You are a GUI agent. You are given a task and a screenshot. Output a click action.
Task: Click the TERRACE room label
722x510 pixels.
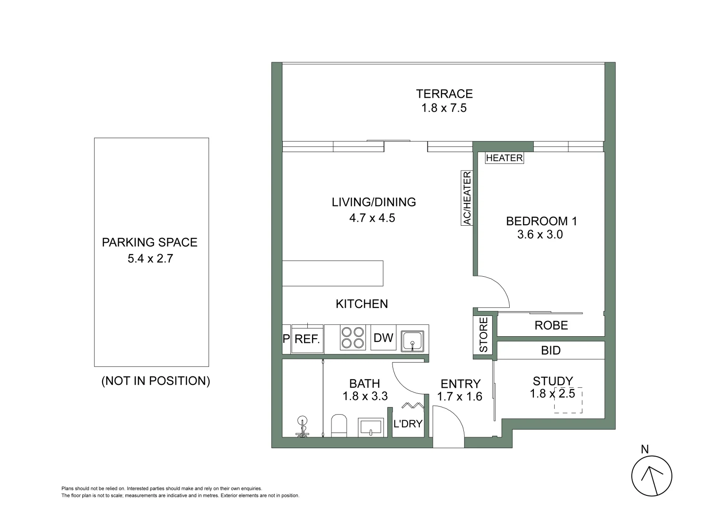[444, 93]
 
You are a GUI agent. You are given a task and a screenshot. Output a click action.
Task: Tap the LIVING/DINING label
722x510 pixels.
[374, 202]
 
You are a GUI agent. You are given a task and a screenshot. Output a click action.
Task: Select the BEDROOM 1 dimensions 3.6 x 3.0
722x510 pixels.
[540, 234]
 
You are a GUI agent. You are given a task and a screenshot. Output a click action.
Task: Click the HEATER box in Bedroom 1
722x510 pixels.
[504, 158]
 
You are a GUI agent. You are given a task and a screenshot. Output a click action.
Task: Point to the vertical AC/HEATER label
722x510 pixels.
[467, 198]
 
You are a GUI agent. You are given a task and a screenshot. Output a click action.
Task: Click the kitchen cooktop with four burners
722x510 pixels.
[353, 338]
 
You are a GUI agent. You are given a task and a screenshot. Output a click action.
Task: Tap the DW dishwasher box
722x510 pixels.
[383, 338]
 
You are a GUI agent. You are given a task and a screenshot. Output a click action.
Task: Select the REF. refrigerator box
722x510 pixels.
[307, 339]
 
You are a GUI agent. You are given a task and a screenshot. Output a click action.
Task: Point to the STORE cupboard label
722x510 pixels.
[483, 335]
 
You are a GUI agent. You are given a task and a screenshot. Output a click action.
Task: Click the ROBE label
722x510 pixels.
[551, 325]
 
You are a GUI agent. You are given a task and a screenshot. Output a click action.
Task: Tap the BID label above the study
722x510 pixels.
[551, 350]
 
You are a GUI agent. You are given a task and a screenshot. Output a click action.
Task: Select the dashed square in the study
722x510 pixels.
[568, 400]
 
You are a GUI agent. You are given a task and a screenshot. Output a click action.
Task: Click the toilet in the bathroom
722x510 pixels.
[339, 426]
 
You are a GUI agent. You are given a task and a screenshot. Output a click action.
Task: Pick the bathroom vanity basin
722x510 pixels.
[371, 427]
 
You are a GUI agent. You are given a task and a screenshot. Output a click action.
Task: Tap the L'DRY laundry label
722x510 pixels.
[408, 424]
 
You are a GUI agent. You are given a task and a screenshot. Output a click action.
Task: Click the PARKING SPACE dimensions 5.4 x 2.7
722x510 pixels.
[150, 259]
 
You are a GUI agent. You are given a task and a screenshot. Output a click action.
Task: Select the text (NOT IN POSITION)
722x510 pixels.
[156, 381]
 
